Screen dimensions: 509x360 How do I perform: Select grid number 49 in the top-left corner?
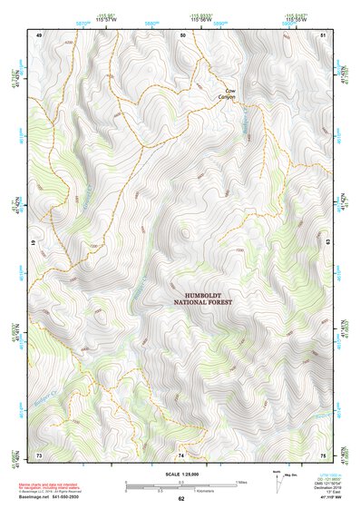click(x=39, y=34)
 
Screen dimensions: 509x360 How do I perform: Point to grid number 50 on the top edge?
click(x=182, y=34)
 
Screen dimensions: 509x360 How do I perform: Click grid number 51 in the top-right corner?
click(x=324, y=34)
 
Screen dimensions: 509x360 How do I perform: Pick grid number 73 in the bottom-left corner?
click(x=39, y=454)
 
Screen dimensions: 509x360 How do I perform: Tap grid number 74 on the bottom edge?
click(x=181, y=454)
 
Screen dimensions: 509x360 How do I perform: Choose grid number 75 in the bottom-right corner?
click(x=324, y=454)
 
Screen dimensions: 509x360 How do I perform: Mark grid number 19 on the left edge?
click(x=35, y=243)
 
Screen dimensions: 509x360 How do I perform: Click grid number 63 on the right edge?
click(x=327, y=243)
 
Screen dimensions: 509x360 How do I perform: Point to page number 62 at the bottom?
click(x=180, y=498)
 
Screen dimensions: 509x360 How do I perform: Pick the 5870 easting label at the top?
click(x=83, y=24)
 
